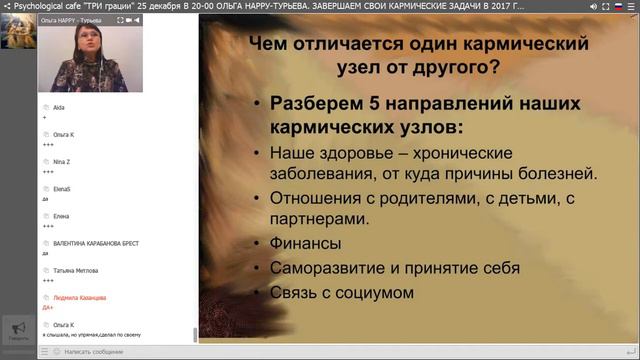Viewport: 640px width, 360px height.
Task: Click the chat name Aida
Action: tap(59, 105)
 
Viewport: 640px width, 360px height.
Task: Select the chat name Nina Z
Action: tap(63, 160)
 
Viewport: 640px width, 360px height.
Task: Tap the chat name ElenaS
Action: tap(63, 188)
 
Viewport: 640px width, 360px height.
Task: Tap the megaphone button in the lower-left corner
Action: tap(17, 329)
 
